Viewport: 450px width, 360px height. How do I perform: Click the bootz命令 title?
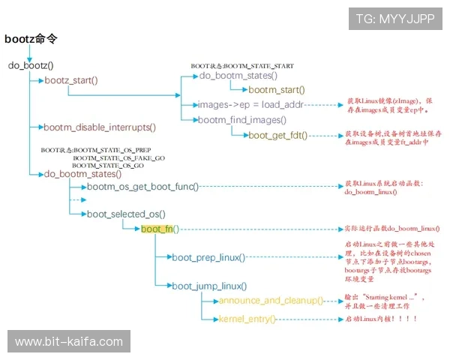click(31, 38)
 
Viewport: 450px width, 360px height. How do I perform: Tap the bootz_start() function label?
click(72, 80)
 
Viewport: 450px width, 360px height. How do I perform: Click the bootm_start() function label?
click(277, 90)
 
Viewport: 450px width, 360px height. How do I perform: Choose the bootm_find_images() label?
click(241, 120)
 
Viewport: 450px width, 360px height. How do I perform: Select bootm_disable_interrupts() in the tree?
click(100, 127)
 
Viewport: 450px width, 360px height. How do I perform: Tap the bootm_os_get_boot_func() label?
click(142, 186)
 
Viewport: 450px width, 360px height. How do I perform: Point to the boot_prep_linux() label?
click(208, 257)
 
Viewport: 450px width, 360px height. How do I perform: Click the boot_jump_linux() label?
click(208, 285)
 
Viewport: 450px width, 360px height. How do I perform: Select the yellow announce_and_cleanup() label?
click(271, 301)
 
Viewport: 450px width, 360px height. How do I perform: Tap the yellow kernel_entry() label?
click(247, 319)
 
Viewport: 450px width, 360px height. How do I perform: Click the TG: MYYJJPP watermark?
click(394, 19)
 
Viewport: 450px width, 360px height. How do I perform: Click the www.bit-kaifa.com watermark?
click(69, 341)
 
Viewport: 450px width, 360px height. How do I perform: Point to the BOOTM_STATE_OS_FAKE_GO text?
click(118, 158)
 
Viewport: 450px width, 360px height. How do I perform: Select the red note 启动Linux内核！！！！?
click(380, 319)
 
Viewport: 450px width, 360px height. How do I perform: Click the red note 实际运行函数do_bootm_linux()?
click(391, 228)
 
